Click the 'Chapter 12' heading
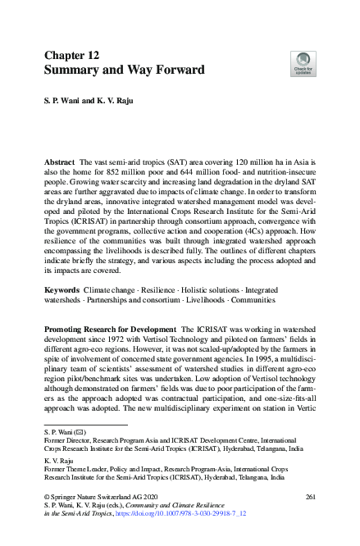pyautogui.click(x=71, y=56)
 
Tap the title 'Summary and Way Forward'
pyautogui.click(x=124, y=71)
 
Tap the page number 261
pyautogui.click(x=310, y=497)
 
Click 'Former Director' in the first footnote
pyautogui.click(x=66, y=440)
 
